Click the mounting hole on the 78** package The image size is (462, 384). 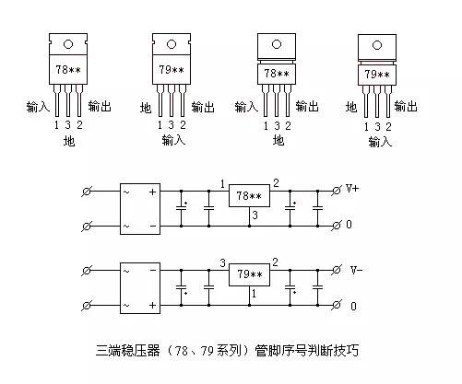67,43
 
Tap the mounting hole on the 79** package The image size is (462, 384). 172,43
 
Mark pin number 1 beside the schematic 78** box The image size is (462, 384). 223,183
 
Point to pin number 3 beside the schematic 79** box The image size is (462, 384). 223,262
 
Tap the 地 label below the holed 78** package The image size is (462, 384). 67,141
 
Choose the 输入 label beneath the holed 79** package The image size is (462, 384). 172,141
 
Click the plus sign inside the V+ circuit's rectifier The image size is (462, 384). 152,192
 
